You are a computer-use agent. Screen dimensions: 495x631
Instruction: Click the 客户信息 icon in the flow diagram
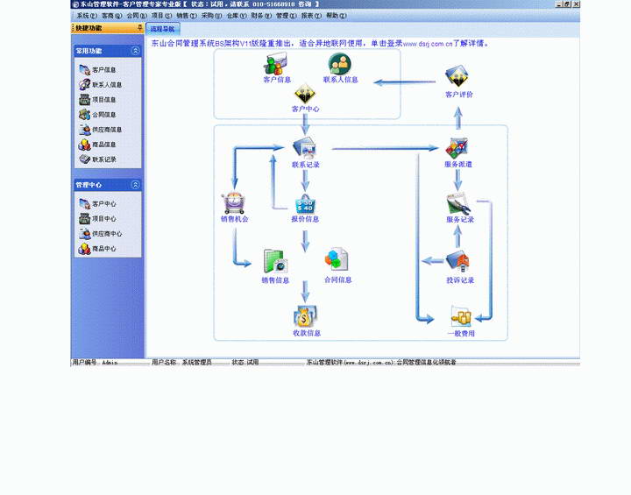coord(276,65)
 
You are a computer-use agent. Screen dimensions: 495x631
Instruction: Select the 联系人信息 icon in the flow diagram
coord(339,64)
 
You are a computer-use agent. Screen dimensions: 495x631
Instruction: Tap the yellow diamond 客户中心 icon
coord(305,95)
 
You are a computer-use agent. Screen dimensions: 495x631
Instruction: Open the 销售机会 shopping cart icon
coord(234,203)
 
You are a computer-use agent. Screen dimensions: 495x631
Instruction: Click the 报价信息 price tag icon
coord(305,204)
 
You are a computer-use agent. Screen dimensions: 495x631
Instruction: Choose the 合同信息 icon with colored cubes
coord(337,259)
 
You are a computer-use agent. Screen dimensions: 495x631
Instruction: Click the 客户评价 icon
coord(457,77)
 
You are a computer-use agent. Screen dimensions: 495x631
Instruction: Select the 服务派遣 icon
coord(457,148)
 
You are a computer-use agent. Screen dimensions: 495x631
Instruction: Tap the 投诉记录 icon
coord(458,262)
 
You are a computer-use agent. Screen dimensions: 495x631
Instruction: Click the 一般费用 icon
coord(460,316)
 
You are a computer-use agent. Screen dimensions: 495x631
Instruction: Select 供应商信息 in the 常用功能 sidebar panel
coord(106,130)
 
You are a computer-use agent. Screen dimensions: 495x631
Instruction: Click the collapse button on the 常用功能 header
coord(135,51)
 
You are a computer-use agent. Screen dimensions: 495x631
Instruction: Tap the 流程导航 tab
coord(162,29)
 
